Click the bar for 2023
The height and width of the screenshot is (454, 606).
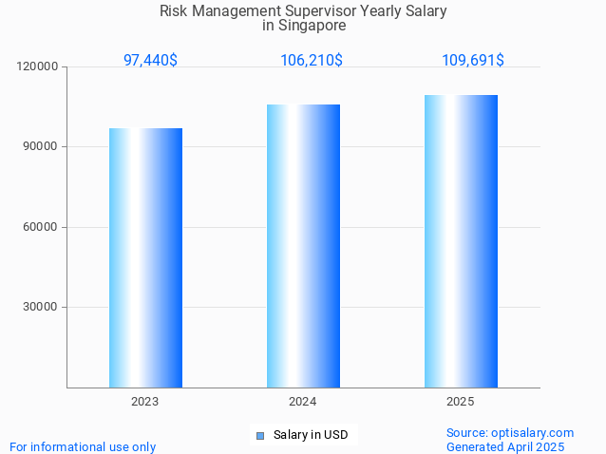(145, 257)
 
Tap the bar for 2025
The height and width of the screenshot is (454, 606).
(461, 241)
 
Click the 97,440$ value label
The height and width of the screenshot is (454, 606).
(150, 60)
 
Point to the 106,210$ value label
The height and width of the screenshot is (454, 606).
(311, 60)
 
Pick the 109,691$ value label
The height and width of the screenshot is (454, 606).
(472, 60)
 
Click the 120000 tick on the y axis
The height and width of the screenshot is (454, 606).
(38, 66)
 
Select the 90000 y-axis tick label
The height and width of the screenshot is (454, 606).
(41, 147)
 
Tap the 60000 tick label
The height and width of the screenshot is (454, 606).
(41, 227)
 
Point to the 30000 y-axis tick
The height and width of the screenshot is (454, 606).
(41, 307)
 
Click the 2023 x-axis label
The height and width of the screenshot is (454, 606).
(145, 402)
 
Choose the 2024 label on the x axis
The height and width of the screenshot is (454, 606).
(303, 402)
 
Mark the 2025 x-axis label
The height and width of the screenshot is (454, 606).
(461, 402)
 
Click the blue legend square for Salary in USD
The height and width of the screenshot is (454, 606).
(259, 436)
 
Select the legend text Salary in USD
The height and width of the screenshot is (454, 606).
(311, 435)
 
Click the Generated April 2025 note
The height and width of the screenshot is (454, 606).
(505, 446)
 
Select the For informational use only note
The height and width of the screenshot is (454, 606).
(83, 446)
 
